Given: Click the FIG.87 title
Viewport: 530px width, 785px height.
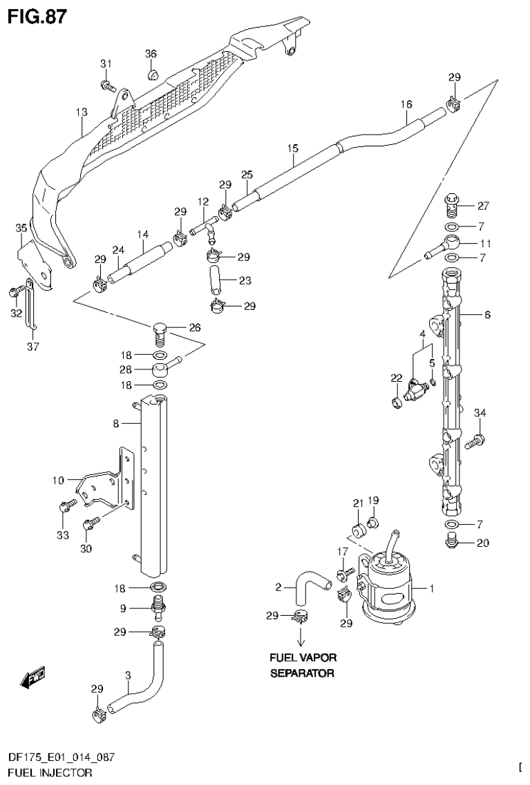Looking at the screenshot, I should [x=37, y=17].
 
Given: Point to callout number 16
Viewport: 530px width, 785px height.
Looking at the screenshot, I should [x=406, y=104].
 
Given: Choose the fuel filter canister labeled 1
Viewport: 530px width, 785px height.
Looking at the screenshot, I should [x=388, y=588].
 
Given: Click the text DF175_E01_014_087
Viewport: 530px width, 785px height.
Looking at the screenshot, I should [x=61, y=757].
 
